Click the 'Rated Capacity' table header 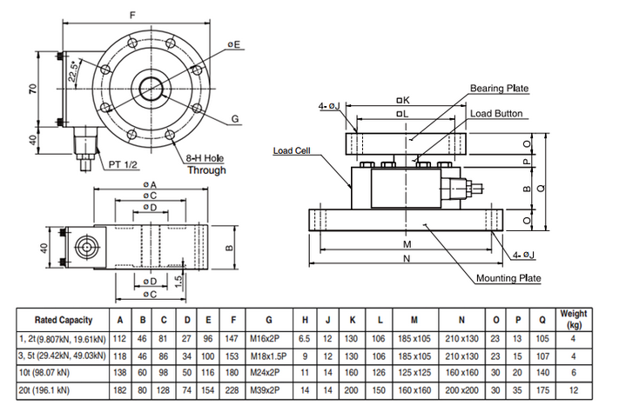pos(59,319)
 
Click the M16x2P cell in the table pos(269,339)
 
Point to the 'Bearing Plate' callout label pos(499,88)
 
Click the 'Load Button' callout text pos(497,113)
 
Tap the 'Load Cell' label pos(292,150)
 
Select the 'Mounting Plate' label pos(508,278)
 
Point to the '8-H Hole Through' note pos(205,164)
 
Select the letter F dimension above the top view pos(132,15)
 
